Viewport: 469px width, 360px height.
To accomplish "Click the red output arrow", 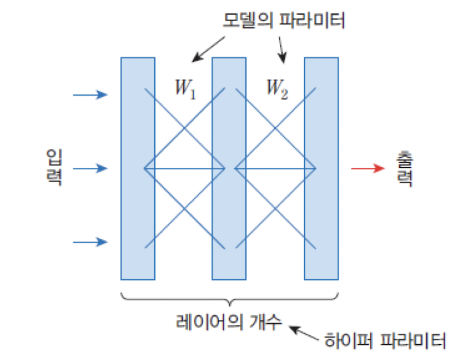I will [368, 169].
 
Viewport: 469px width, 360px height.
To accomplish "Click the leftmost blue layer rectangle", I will [138, 168].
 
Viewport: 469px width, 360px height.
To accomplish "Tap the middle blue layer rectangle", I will [229, 168].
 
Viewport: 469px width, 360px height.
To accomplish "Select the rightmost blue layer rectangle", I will [321, 168].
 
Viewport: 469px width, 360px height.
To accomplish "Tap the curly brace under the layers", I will [229, 299].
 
